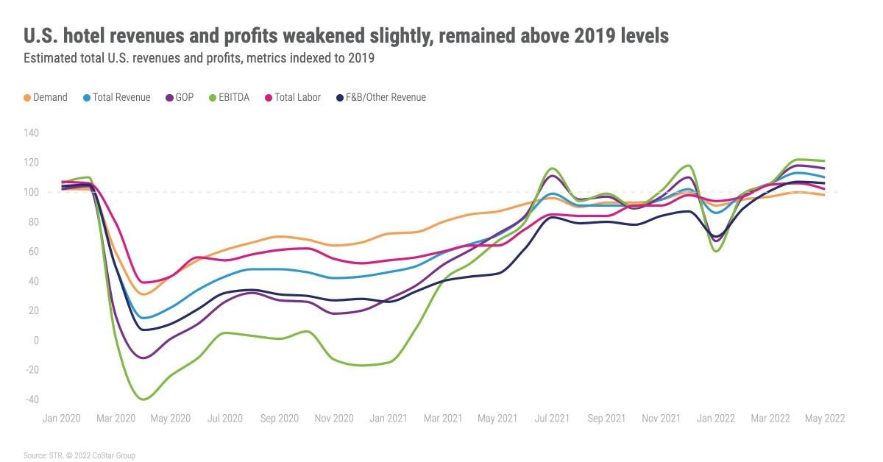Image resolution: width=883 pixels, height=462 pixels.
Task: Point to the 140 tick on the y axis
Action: (31, 133)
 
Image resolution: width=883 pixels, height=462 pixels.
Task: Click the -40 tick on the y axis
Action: (31, 399)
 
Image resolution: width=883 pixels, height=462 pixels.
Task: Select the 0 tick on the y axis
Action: (35, 340)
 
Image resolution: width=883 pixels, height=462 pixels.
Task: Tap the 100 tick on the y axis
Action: (31, 192)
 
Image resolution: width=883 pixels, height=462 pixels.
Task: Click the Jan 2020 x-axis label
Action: (62, 419)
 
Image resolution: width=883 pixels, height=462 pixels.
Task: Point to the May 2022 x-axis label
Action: (824, 419)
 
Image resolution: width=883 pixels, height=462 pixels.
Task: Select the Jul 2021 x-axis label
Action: (552, 419)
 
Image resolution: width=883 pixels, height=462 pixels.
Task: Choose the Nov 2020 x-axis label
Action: (334, 419)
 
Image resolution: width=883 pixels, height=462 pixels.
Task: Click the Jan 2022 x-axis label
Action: (715, 419)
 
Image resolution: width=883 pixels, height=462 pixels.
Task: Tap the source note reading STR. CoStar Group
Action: (79, 455)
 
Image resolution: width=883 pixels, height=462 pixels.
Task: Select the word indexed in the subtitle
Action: (276, 58)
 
